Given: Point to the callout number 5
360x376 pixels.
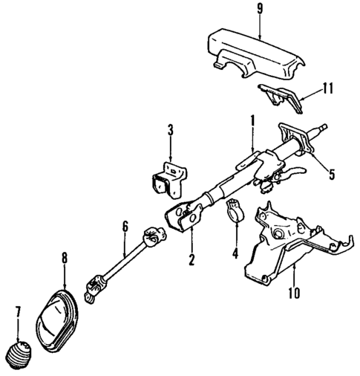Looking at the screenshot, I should [x=332, y=175].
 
